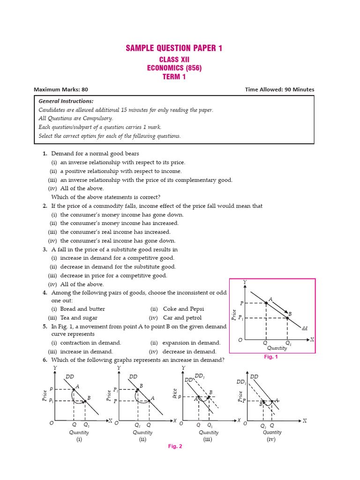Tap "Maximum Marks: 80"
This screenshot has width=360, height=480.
click(61, 90)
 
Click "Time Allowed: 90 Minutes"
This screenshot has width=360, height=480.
click(279, 90)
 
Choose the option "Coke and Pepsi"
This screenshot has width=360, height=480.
click(183, 309)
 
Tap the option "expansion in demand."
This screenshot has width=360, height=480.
click(191, 343)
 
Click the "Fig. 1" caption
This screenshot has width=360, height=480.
click(271, 357)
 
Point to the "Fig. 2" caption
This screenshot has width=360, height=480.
click(175, 446)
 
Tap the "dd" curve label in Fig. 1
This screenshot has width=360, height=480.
click(305, 329)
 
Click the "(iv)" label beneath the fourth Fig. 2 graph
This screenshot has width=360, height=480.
click(271, 439)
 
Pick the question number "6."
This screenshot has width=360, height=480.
click(45, 360)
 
